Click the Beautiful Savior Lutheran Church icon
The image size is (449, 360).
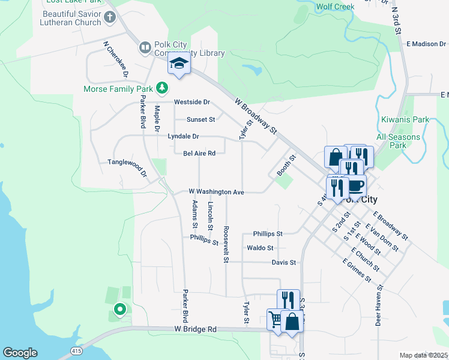110,17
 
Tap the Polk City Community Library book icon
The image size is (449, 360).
145,47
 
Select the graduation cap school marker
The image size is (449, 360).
179,63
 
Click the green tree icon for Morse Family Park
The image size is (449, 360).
161,88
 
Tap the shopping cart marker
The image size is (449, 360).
276,319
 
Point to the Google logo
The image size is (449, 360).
20,353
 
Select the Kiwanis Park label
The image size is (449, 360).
405,119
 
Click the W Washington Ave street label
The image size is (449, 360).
216,191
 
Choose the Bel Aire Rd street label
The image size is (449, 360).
199,153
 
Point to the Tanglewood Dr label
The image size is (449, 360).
127,167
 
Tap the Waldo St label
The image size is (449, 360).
260,247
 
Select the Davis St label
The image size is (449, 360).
284,262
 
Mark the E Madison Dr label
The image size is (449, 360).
426,43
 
